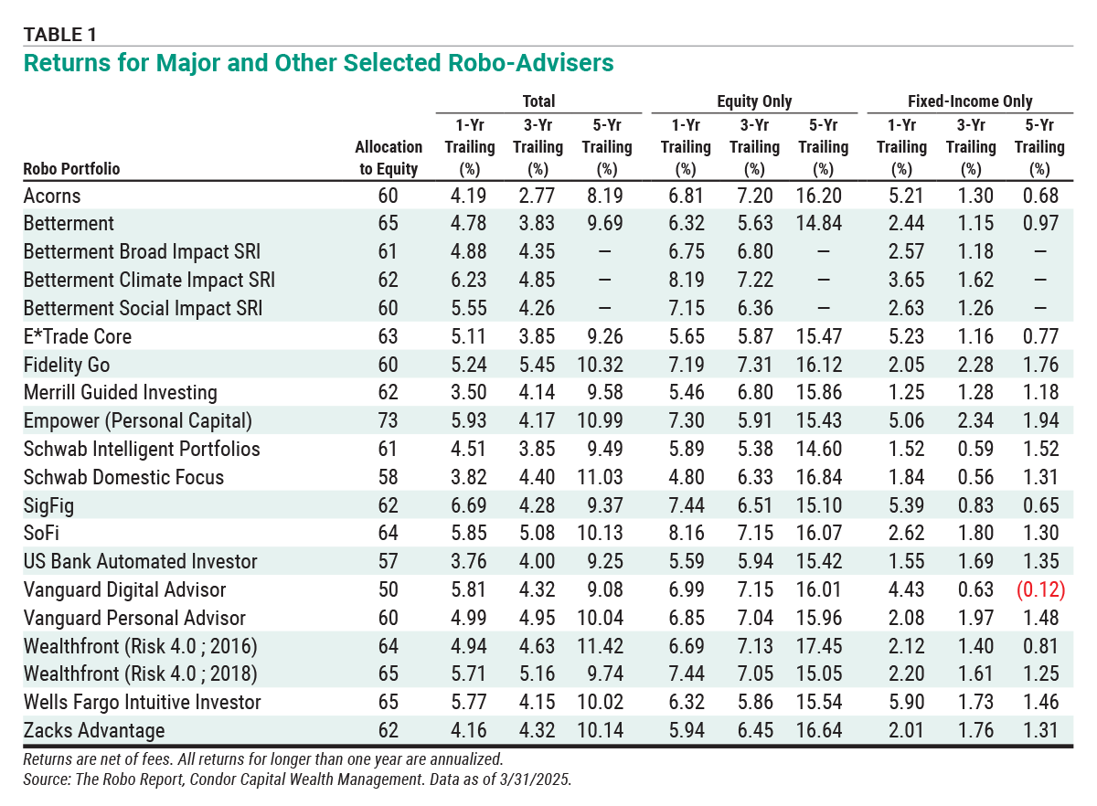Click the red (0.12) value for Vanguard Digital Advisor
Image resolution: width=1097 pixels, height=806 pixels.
pos(1040,589)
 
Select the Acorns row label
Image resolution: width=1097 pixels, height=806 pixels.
pos(52,196)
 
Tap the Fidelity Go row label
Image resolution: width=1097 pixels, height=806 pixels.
pos(67,365)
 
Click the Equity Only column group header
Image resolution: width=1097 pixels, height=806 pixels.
pos(754,101)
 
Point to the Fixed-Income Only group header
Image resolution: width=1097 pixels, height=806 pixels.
pos(970,101)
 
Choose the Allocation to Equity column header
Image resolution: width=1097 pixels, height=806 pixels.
pos(389,158)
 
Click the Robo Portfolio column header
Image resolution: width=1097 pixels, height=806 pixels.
pos(71,169)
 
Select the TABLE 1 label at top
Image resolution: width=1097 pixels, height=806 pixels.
pos(59,35)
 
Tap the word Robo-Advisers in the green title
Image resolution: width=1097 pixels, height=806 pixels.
pos(531,63)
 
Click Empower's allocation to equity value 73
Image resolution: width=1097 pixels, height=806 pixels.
pos(388,420)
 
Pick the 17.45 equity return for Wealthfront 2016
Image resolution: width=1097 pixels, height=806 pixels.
pos(819,646)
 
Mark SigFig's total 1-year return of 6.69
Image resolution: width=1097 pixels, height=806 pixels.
pos(469,505)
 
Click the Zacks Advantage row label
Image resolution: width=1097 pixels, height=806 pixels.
pos(94,730)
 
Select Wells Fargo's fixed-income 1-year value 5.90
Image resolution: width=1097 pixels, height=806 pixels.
pos(906,702)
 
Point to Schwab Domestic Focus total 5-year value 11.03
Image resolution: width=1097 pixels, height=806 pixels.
pos(600,477)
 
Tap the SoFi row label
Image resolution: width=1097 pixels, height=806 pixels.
pos(41,534)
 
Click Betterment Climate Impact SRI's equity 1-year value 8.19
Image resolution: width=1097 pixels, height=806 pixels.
pos(687,281)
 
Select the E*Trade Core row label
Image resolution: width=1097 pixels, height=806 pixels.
pos(78,337)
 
